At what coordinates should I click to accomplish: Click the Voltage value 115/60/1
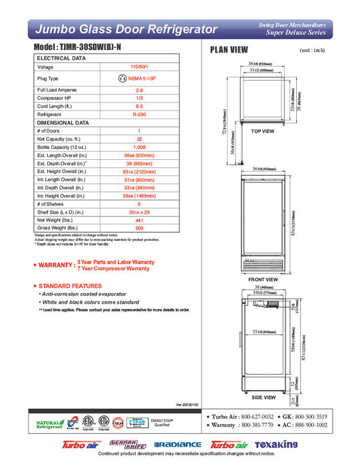[139, 67]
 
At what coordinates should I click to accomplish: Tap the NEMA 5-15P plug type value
[139, 78]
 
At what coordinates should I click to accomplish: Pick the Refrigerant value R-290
[139, 114]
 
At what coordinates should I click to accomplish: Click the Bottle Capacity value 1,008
[139, 147]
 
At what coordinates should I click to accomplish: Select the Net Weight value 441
[139, 220]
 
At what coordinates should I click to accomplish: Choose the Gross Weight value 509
[139, 228]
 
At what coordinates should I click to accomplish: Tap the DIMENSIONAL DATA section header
[63, 122]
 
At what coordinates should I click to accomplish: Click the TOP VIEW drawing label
[262, 131]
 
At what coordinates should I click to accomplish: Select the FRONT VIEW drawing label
[262, 280]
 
